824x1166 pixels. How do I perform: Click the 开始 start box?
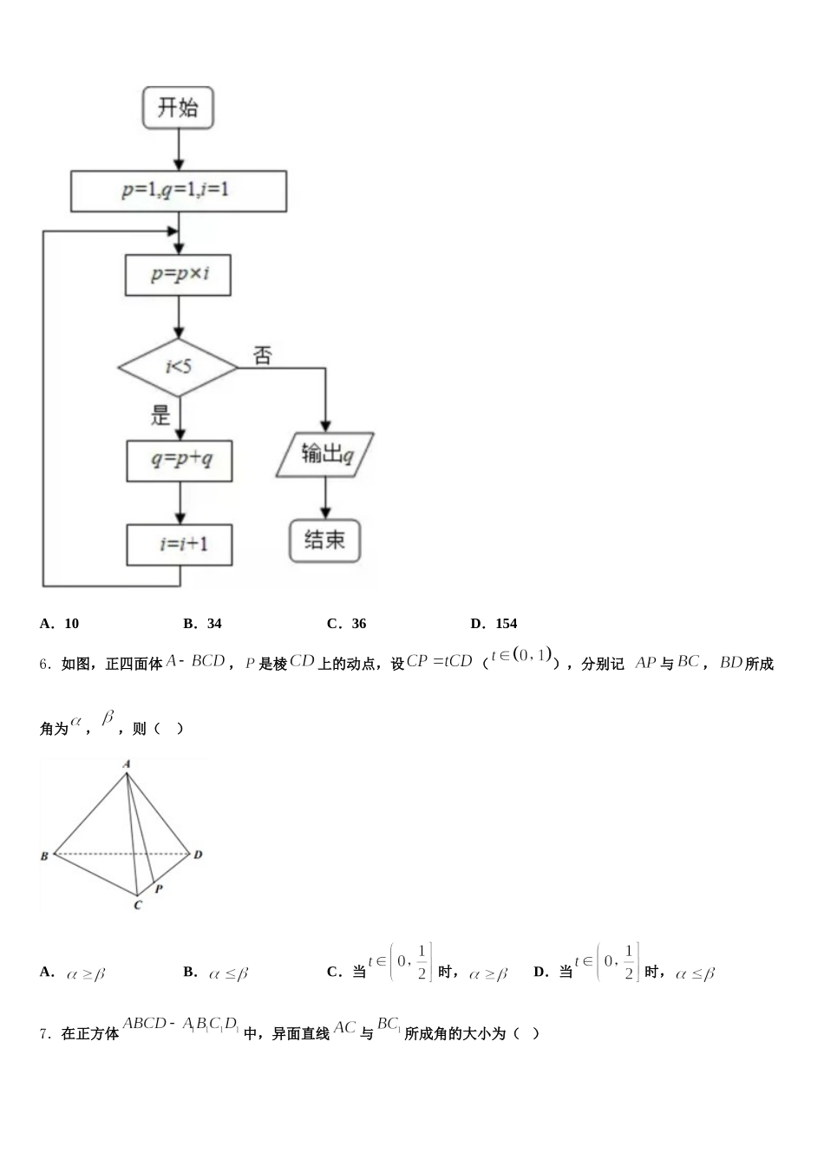[x=178, y=108]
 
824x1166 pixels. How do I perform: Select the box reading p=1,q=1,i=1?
[x=178, y=191]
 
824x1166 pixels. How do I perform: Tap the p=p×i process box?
[x=179, y=274]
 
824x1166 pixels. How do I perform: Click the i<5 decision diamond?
[x=178, y=367]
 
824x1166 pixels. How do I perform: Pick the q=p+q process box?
[x=180, y=460]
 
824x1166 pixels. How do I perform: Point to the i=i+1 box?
[x=180, y=545]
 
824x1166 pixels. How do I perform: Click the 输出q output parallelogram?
[x=325, y=454]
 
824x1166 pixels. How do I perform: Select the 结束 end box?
[x=324, y=540]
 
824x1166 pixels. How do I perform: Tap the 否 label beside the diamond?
[x=263, y=355]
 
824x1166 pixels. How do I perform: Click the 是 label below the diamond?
[x=161, y=416]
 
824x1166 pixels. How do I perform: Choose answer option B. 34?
[x=203, y=623]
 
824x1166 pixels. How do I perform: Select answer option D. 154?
[x=494, y=623]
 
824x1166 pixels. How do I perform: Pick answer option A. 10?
[x=60, y=623]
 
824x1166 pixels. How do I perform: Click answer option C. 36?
[x=347, y=623]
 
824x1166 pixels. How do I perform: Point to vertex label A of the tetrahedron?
[x=127, y=763]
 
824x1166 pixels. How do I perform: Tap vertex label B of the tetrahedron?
[x=44, y=856]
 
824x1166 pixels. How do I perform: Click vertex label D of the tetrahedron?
[x=199, y=855]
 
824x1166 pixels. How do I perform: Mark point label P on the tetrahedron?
[x=159, y=888]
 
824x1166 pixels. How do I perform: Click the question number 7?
[x=45, y=1033]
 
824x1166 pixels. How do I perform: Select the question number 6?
[x=45, y=665]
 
